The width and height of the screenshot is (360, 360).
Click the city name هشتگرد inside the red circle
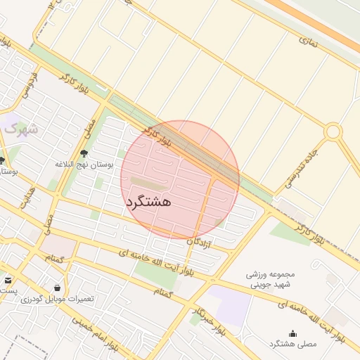pyautogui.click(x=149, y=201)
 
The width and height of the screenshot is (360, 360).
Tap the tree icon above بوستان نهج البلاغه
pyautogui.click(x=84, y=153)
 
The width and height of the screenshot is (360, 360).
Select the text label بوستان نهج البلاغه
pyautogui.click(x=84, y=164)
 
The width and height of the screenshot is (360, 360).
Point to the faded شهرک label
pyautogui.click(x=19, y=129)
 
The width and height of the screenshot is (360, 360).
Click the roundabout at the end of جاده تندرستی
pyautogui.click(x=333, y=131)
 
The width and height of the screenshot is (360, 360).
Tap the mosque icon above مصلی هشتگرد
pyautogui.click(x=292, y=333)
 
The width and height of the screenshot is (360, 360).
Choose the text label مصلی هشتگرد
pyautogui.click(x=292, y=344)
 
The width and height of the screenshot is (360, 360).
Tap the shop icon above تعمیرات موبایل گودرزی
pyautogui.click(x=57, y=288)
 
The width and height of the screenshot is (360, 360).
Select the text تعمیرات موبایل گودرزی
pyautogui.click(x=57, y=299)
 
